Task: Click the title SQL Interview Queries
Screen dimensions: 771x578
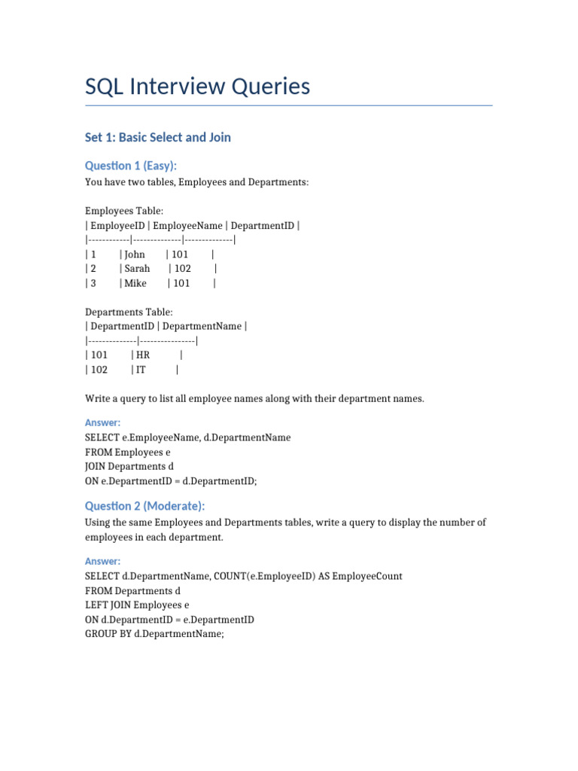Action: tap(197, 87)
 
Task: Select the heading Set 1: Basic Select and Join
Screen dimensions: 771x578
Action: tap(158, 137)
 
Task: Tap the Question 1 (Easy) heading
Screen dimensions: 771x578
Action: tap(131, 166)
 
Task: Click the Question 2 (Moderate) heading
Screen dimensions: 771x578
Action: tap(144, 506)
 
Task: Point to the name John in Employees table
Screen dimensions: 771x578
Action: tap(135, 254)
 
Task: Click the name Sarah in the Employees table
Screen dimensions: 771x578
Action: tap(137, 269)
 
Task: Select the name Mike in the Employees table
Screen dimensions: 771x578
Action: tap(135, 284)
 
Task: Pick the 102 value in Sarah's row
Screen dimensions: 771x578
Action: tap(183, 269)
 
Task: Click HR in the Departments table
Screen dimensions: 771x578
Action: tap(143, 355)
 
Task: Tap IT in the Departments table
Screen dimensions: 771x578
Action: tap(141, 370)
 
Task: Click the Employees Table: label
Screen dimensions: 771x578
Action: tap(124, 212)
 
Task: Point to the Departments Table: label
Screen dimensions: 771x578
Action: tap(129, 312)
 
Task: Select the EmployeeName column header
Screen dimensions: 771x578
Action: tap(189, 226)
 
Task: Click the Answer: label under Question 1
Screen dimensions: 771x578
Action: tap(102, 423)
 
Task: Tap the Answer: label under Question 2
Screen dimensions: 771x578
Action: tap(102, 562)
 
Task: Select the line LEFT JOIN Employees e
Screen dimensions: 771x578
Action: tap(137, 605)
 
